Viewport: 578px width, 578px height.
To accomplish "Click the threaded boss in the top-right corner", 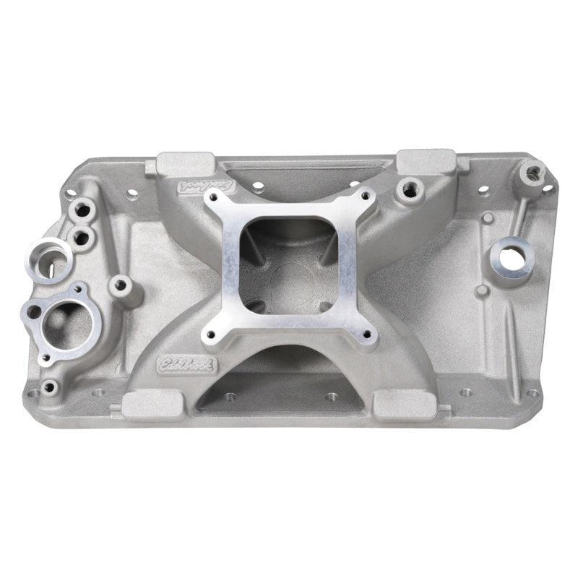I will point(534,173).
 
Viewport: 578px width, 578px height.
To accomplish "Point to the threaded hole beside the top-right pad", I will point(409,186).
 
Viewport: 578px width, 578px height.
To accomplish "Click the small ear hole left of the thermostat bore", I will point(33,312).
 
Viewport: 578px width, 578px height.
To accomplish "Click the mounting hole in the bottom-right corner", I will point(532,394).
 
